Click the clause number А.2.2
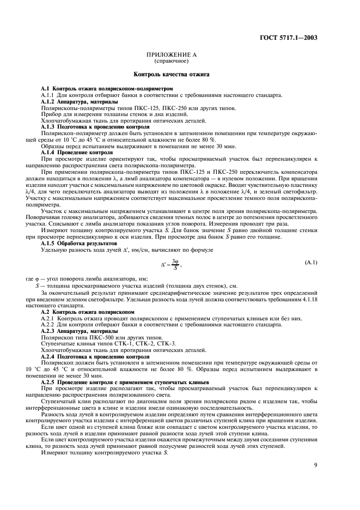50,325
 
